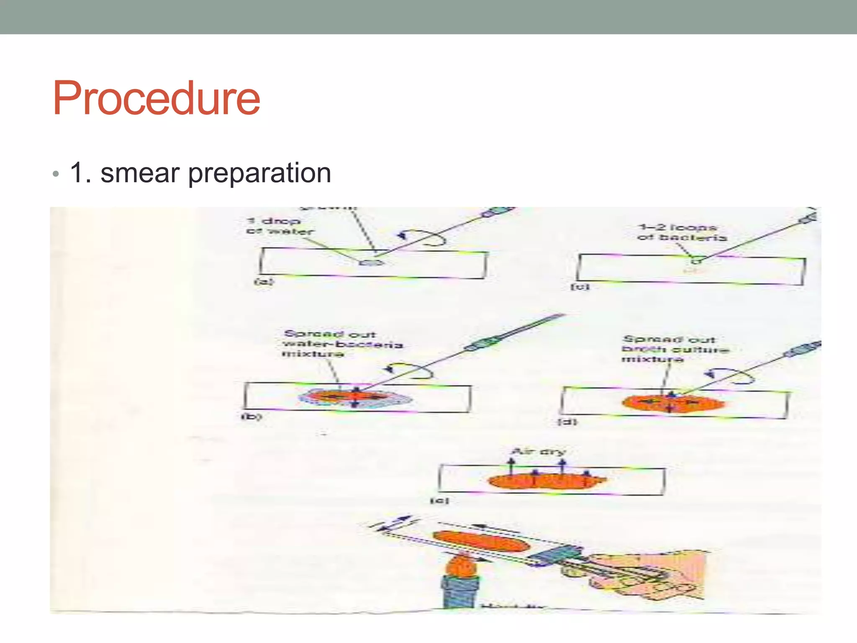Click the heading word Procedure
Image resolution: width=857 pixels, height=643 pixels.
[x=156, y=99]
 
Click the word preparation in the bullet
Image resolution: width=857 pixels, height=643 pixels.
[x=259, y=174]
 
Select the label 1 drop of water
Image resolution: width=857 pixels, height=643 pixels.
[x=279, y=226]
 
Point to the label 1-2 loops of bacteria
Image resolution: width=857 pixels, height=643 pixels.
[x=682, y=232]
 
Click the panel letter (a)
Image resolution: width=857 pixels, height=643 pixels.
[x=264, y=282]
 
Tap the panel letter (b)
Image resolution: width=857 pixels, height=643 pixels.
[x=251, y=417]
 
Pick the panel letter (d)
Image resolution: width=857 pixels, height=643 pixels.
[x=567, y=422]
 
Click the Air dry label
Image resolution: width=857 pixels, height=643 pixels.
[x=539, y=451]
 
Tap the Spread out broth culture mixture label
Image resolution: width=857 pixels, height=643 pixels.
[x=675, y=349]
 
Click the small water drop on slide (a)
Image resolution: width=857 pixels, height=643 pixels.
[x=371, y=262]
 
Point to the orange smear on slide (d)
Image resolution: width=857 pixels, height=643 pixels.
[x=672, y=404]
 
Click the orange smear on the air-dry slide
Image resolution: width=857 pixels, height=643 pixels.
[x=544, y=481]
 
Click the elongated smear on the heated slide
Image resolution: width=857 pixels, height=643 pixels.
[x=481, y=541]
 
